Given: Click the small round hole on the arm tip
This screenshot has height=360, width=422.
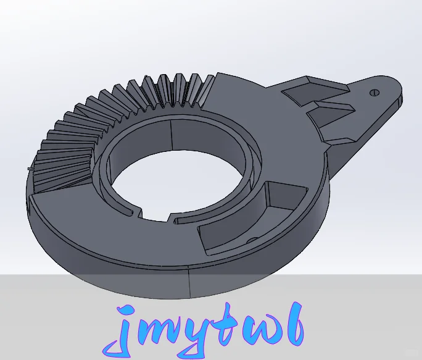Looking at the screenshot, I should pos(373,93).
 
